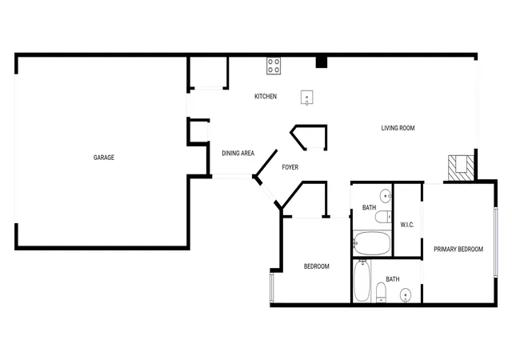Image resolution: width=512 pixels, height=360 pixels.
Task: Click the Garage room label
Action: point(104,158)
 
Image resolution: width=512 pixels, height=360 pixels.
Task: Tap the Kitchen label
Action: point(266,96)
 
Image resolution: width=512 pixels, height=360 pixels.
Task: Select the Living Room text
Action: point(398,128)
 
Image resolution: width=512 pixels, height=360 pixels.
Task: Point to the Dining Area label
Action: point(238,154)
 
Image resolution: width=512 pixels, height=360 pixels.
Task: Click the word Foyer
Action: point(290,167)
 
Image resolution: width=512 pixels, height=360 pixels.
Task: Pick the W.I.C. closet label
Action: point(407,225)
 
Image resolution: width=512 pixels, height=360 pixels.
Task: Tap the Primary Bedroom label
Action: point(458,250)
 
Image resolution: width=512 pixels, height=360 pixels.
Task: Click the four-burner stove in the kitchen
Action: point(274,66)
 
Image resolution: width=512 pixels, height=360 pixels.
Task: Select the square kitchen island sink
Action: point(307,98)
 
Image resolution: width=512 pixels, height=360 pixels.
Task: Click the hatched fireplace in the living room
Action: point(461,168)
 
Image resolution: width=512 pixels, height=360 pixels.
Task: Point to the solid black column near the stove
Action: point(322,62)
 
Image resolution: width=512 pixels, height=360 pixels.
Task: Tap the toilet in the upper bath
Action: point(383,217)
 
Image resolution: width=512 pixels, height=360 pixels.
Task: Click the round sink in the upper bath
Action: point(386,196)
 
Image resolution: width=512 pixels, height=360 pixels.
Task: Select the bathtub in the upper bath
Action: point(372,243)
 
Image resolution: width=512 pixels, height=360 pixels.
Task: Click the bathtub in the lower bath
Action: point(362,281)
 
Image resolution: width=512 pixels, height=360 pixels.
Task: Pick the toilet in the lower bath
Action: point(381,293)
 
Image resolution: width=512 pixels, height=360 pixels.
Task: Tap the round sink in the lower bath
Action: point(406,296)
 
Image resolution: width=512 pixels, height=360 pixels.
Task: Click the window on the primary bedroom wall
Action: point(496,242)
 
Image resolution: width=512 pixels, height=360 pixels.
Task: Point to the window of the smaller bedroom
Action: point(272,287)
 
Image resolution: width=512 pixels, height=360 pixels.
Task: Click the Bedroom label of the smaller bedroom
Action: point(317,266)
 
